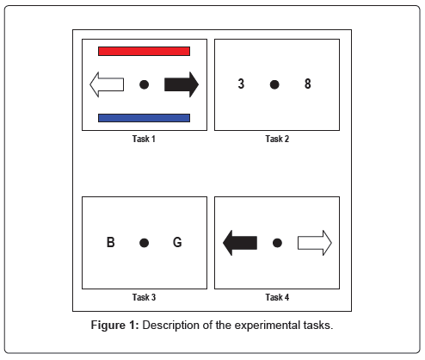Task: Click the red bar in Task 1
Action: (144, 52)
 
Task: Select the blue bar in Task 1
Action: (144, 118)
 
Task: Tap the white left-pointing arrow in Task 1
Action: (107, 84)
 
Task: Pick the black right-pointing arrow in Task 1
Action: (182, 84)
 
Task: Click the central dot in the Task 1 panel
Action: (144, 84)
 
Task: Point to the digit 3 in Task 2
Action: (241, 84)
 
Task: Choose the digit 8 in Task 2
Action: (308, 84)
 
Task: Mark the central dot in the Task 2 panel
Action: (274, 84)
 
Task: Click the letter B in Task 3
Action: (111, 242)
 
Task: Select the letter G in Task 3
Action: (177, 242)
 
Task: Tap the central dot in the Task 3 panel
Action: (144, 243)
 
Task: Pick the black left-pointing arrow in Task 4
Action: (240, 243)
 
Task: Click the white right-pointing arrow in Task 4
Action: (315, 243)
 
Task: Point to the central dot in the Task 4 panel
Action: (277, 243)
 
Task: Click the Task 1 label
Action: (144, 139)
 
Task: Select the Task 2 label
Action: (277, 139)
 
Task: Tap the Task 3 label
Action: (144, 297)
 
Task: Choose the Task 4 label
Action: (277, 297)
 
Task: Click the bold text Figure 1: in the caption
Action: (115, 326)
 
